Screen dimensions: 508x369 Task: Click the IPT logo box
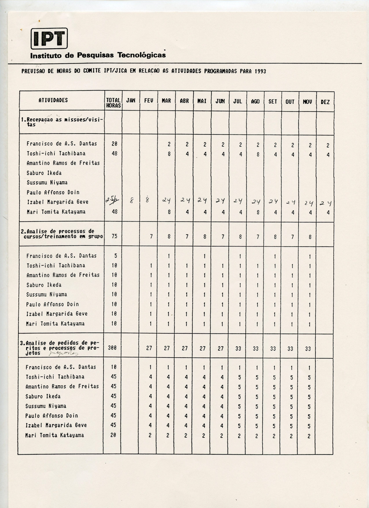click(x=49, y=39)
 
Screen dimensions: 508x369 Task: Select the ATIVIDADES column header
click(x=53, y=101)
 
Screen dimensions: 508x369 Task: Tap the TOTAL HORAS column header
click(x=113, y=103)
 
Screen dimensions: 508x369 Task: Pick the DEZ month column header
click(x=325, y=102)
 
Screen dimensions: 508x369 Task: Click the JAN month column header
click(x=131, y=101)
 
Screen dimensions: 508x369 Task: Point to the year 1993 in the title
click(x=261, y=71)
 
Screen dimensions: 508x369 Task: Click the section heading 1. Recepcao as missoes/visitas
click(x=62, y=122)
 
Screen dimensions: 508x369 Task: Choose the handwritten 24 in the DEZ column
click(x=325, y=203)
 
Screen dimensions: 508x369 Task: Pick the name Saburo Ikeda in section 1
click(x=44, y=173)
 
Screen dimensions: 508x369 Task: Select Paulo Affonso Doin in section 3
click(x=52, y=416)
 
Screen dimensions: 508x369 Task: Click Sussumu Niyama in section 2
click(x=47, y=295)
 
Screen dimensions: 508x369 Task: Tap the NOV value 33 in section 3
click(x=308, y=348)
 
